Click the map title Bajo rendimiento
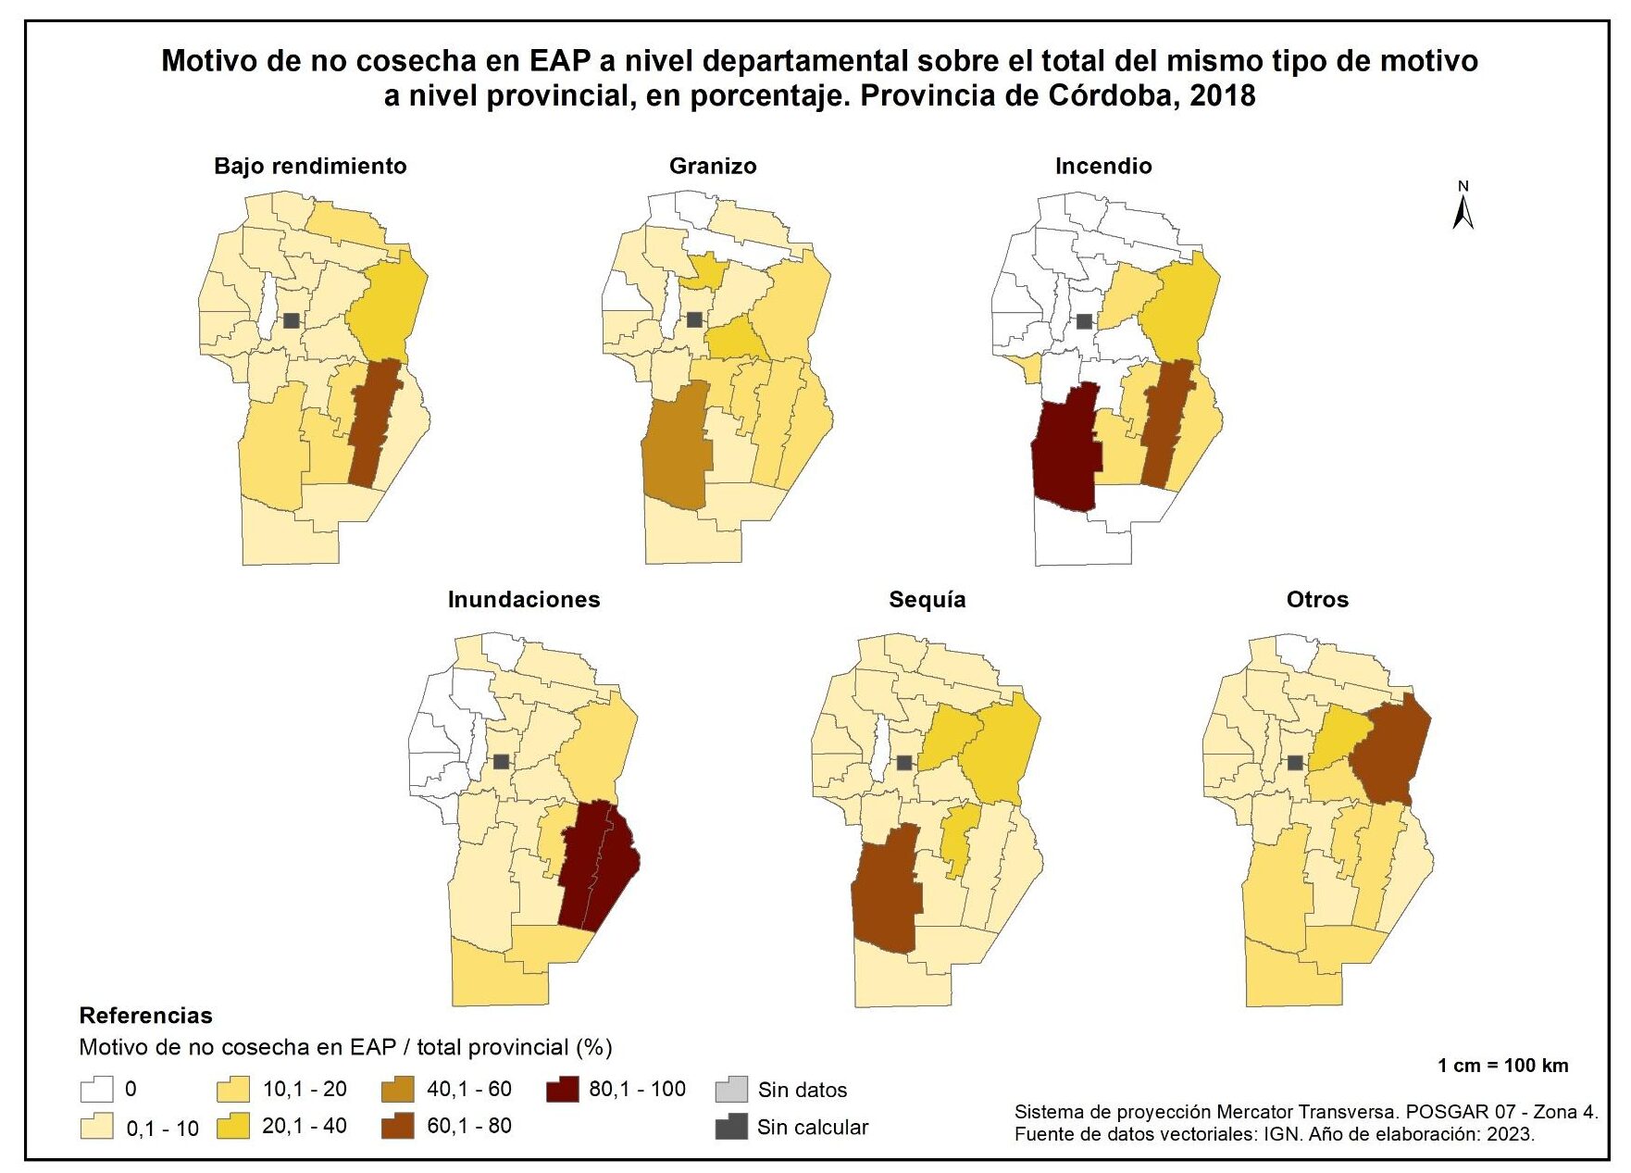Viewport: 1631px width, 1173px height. (310, 166)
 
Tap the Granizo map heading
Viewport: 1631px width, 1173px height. (713, 166)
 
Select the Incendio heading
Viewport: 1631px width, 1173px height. (1103, 166)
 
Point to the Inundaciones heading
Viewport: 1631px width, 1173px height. (524, 599)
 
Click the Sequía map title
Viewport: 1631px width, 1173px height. (928, 599)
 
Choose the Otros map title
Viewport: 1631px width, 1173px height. (1317, 599)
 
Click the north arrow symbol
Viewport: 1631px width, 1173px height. (1463, 206)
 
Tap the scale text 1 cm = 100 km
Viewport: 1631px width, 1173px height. (1502, 1065)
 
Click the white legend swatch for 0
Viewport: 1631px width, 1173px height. (96, 1090)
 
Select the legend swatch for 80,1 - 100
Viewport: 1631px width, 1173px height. (563, 1090)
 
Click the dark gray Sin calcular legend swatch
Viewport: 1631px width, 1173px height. (731, 1127)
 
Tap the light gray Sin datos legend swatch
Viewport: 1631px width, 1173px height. (731, 1090)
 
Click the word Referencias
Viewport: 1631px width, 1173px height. (145, 1016)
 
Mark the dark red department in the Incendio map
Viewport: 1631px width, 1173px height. (1066, 454)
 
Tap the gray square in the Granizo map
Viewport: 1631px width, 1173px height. (694, 319)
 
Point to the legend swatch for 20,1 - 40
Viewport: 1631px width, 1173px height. (234, 1127)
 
